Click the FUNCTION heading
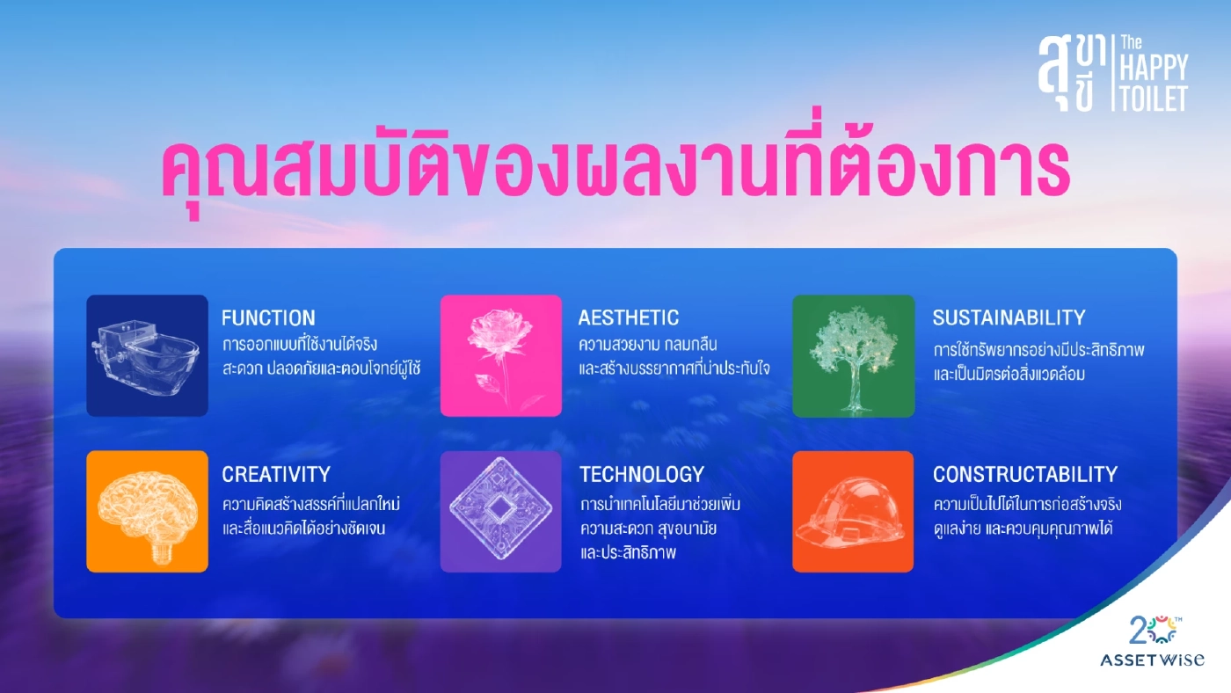pyautogui.click(x=268, y=317)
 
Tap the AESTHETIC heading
pyautogui.click(x=628, y=317)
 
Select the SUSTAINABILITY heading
pyautogui.click(x=1009, y=317)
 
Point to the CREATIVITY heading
pyautogui.click(x=276, y=474)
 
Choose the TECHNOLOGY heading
pyautogui.click(x=642, y=474)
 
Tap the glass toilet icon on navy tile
pyautogui.click(x=147, y=355)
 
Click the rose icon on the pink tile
pyautogui.click(x=501, y=355)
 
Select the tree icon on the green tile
pyautogui.click(x=853, y=355)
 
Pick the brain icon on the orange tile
pyautogui.click(x=147, y=512)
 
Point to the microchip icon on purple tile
pyautogui.click(x=501, y=512)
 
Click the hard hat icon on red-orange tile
pyautogui.click(x=853, y=512)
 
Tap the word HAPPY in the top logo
pyautogui.click(x=1154, y=68)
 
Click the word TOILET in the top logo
pyautogui.click(x=1154, y=98)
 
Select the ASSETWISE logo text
pyautogui.click(x=1152, y=660)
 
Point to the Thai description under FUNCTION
pyautogui.click(x=321, y=356)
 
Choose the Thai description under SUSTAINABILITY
pyautogui.click(x=1038, y=361)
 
